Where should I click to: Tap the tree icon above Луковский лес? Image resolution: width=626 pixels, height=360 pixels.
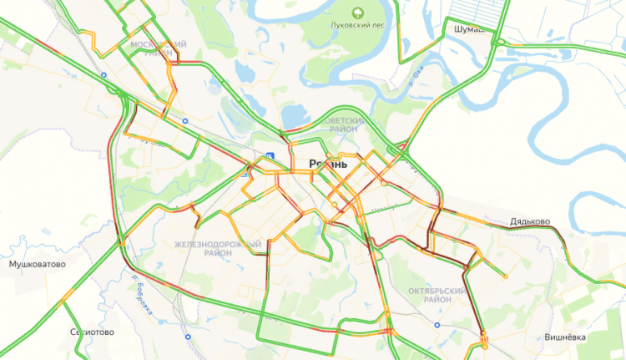[357, 12]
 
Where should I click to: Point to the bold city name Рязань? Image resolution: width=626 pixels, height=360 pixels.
[328, 164]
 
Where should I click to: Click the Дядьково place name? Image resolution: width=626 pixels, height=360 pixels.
[529, 221]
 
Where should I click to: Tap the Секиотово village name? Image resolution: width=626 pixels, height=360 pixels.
[93, 332]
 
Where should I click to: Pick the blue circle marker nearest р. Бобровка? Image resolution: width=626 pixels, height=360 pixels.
[188, 336]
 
